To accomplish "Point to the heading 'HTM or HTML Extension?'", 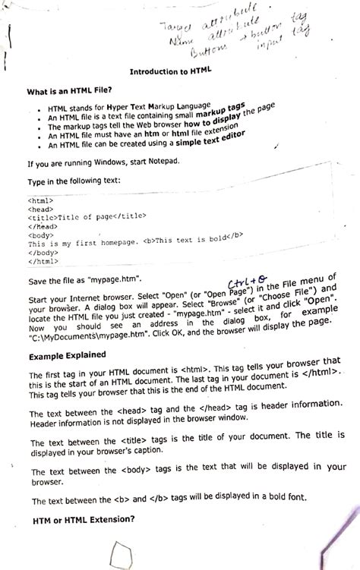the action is [84, 521].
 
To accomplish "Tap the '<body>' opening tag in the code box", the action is [39, 235].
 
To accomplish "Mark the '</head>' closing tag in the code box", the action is [42, 225].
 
